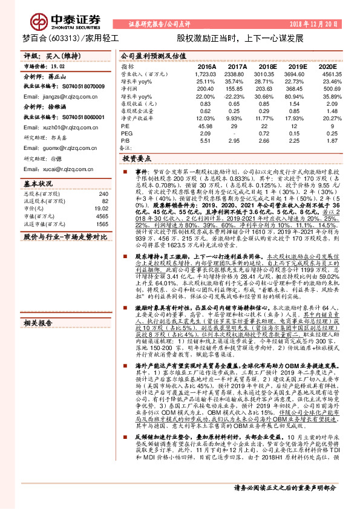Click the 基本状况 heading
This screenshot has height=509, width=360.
[x=38, y=183]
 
